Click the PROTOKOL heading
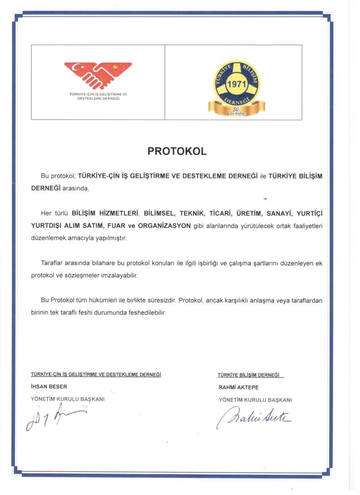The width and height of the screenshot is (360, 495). coord(177,151)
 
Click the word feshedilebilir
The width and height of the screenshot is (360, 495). coord(145,313)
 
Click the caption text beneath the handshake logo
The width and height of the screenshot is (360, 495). coord(98,96)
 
